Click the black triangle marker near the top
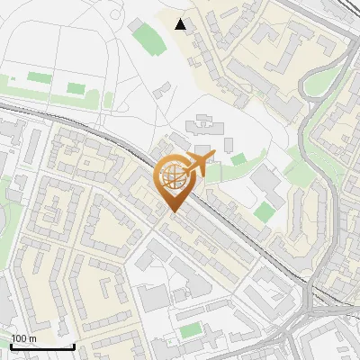pyautogui.click(x=181, y=24)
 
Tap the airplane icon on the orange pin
pyautogui.click(x=198, y=163)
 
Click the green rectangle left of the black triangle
pyautogui.click(x=145, y=38)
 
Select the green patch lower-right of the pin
pyautogui.click(x=264, y=211)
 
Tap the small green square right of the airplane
pyautogui.click(x=238, y=159)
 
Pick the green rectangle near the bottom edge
pyautogui.click(x=189, y=331)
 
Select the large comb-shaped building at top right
pyautogui.click(x=283, y=49)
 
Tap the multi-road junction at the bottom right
pyautogui.click(x=310, y=310)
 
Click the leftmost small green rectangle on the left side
pyautogui.click(x=39, y=78)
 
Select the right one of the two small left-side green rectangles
pyautogui.click(x=76, y=88)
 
